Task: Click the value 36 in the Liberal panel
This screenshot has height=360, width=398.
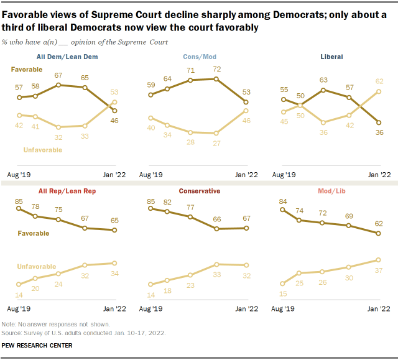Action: [x=379, y=133]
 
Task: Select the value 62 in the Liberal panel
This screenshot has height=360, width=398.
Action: [x=379, y=81]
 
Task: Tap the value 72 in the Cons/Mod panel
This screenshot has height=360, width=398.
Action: [x=217, y=69]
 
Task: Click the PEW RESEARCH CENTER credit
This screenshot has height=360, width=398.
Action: [x=37, y=345]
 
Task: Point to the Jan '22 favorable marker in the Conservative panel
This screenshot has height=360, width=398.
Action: [x=247, y=228]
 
